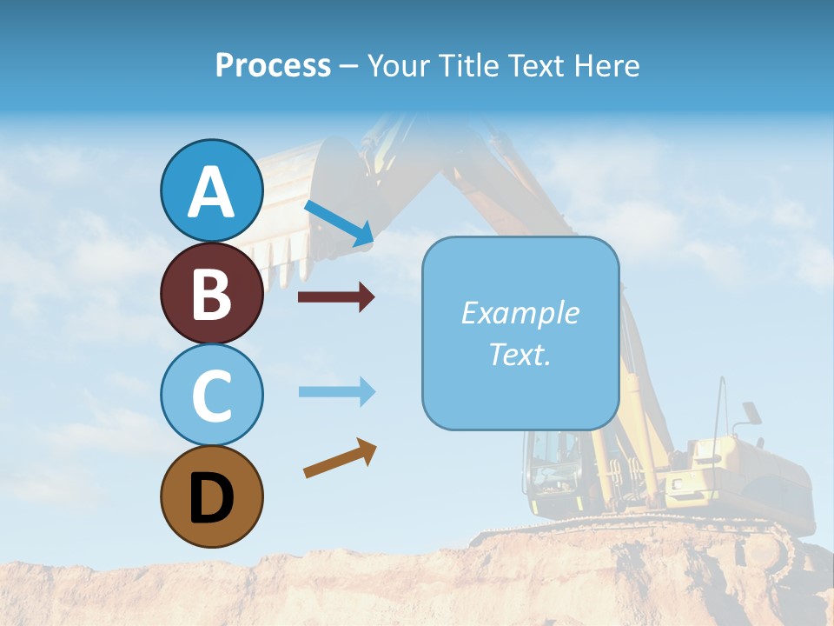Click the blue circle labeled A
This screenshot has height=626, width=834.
pos(211,190)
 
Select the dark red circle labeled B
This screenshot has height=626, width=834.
pos(211,293)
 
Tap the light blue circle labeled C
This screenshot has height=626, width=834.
pos(211,395)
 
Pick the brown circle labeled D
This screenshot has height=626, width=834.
pos(211,496)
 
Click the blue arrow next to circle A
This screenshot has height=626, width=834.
pos(339,223)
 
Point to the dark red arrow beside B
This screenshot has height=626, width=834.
pos(336,297)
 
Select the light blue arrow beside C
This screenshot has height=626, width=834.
pos(336,391)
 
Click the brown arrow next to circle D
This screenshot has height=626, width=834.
pos(340,458)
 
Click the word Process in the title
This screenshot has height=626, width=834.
pos(273,66)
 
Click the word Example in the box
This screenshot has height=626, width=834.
pos(520,313)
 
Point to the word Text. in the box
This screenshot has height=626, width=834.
pos(520,354)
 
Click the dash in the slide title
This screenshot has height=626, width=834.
pos(349,66)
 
